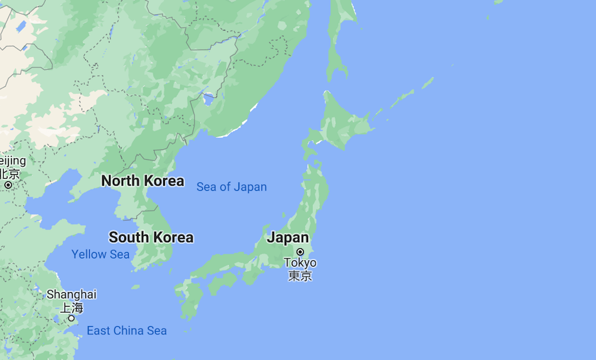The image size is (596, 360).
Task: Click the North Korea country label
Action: coord(142,181)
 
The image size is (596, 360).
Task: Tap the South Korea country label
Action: coord(151,237)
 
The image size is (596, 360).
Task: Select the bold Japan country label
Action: coord(288,238)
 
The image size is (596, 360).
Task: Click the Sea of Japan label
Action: coord(231,187)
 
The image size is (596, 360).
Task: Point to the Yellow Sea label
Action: coord(100,254)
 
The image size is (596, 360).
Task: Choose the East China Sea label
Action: coord(127,331)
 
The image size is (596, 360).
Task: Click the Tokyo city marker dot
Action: coord(300,251)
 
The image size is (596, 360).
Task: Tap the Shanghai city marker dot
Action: coord(72,318)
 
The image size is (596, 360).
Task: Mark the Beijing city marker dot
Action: coord(8,185)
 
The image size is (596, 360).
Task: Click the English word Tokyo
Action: coord(300,263)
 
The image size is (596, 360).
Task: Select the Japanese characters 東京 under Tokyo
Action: coord(300,275)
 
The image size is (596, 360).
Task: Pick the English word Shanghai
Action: coord(72,294)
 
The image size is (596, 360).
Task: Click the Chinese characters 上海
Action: coord(72,307)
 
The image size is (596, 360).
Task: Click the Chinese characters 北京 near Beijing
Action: coord(9,174)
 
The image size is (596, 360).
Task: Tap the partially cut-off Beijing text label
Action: coord(13,161)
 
